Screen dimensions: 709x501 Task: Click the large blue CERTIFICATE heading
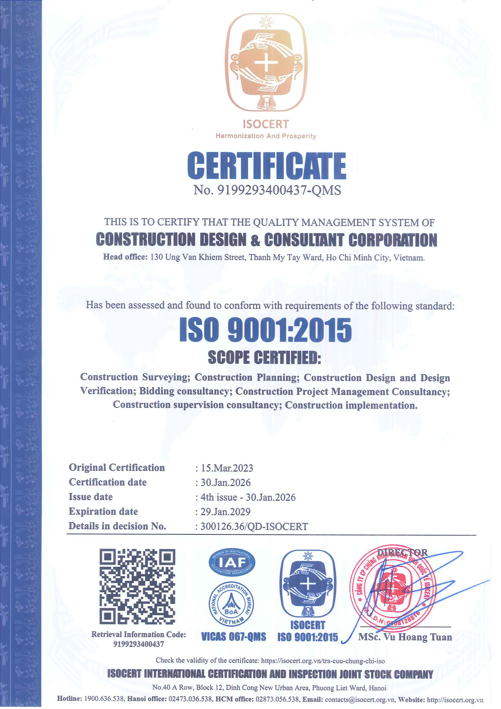(x=267, y=166)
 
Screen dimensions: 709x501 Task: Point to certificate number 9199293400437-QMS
(x=267, y=190)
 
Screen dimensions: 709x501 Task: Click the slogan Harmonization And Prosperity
(x=266, y=136)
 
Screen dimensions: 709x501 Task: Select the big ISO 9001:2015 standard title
(x=265, y=330)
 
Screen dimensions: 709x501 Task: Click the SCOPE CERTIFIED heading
(x=264, y=358)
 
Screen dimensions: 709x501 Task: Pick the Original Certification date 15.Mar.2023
(x=227, y=468)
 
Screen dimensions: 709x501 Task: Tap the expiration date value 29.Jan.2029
(x=226, y=512)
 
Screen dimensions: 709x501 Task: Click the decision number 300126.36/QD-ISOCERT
(x=254, y=527)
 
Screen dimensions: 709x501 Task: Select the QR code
(x=137, y=587)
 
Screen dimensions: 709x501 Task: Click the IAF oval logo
(x=232, y=563)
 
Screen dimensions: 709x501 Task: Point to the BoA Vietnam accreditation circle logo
(x=231, y=605)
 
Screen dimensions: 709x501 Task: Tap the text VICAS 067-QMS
(x=234, y=637)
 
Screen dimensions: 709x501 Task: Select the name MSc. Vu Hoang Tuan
(x=405, y=637)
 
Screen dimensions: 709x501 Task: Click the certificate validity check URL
(x=323, y=661)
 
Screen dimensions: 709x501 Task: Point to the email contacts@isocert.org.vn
(x=360, y=700)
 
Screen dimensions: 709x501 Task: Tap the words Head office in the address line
(x=125, y=257)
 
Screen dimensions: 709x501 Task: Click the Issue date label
(x=91, y=497)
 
